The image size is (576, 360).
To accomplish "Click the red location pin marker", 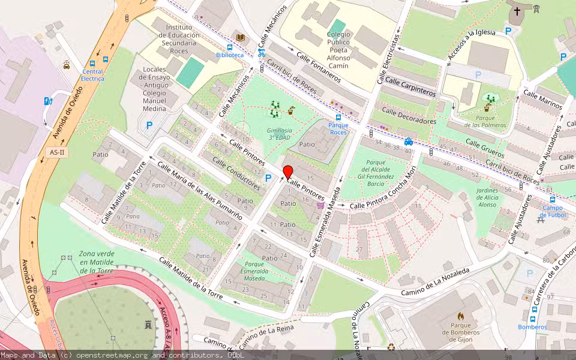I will [x=287, y=172].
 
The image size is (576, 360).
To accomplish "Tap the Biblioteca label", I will [x=230, y=55].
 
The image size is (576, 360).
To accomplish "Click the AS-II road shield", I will [x=58, y=152].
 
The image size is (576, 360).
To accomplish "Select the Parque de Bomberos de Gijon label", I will [x=460, y=332].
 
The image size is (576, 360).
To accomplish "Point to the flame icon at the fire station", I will [x=460, y=316].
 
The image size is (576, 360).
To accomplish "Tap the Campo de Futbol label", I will [x=553, y=211].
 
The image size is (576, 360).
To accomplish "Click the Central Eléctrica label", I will [x=92, y=75].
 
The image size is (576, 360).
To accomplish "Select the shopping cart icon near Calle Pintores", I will [x=320, y=205].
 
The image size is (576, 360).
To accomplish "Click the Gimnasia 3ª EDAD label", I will [x=280, y=134].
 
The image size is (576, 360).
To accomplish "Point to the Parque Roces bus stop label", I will [x=338, y=128].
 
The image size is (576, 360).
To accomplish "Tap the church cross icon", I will [x=517, y=11].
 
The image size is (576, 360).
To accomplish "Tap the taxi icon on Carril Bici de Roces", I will [x=408, y=142].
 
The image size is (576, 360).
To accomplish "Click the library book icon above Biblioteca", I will [x=240, y=37].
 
